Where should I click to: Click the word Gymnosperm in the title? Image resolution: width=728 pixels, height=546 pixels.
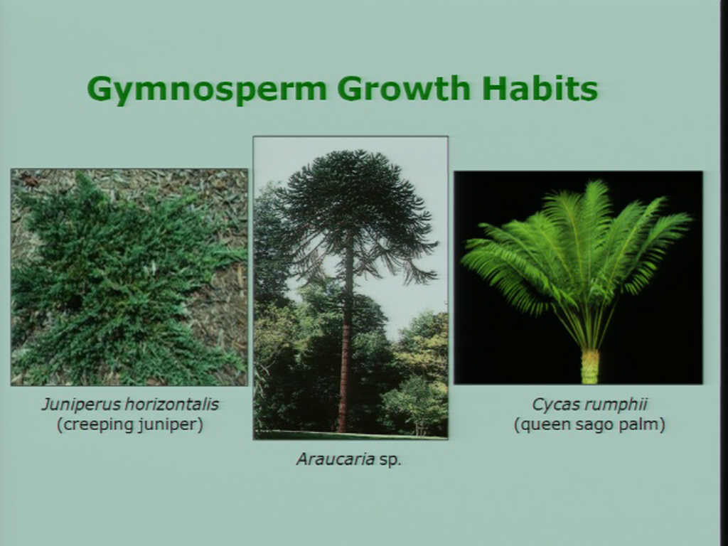207,89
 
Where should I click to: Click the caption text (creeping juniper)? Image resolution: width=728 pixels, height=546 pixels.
130,425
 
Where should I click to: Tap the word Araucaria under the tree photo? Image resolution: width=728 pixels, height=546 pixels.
336,459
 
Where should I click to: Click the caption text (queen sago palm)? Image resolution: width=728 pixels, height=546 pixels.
589,425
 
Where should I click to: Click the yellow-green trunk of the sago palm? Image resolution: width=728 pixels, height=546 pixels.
590,366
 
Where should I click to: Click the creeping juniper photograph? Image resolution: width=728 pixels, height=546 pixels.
129,277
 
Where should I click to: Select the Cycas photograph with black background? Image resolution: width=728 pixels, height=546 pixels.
578,277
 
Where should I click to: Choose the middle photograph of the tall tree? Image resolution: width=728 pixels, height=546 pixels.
350,287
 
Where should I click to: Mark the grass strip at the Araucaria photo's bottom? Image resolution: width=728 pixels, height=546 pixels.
350,435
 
